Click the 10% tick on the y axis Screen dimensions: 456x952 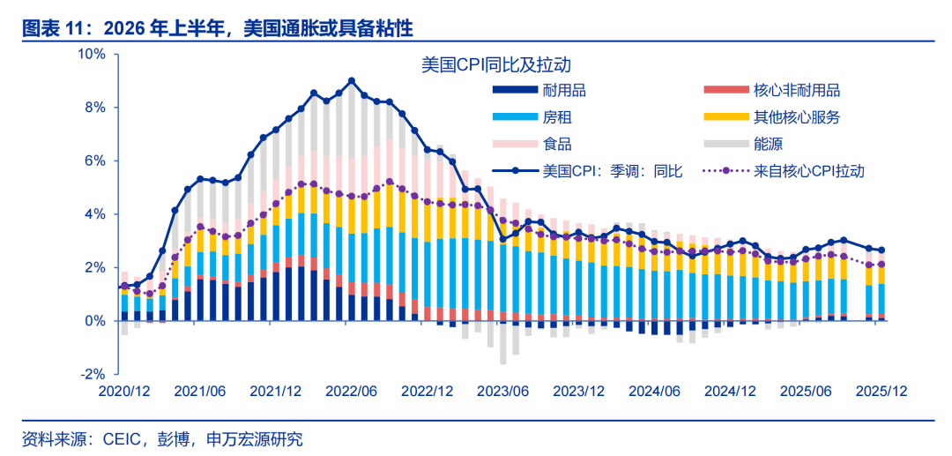pos(93,55)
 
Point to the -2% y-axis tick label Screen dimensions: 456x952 pos(93,374)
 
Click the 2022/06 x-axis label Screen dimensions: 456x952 pos(352,391)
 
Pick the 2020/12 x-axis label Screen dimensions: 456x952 pos(123,391)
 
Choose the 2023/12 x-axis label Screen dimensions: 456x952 pos(578,391)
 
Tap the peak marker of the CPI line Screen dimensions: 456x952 pos(352,81)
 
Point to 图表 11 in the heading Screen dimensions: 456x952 pos(49,27)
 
